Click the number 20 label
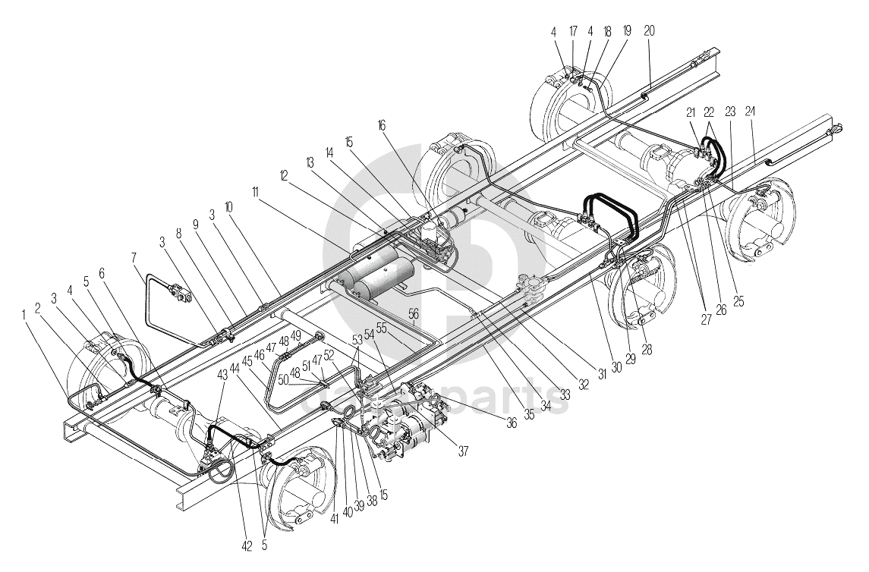pyautogui.click(x=650, y=31)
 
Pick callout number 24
pyautogui.click(x=751, y=111)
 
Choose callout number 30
pyautogui.click(x=616, y=367)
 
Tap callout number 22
pyautogui.click(x=710, y=111)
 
